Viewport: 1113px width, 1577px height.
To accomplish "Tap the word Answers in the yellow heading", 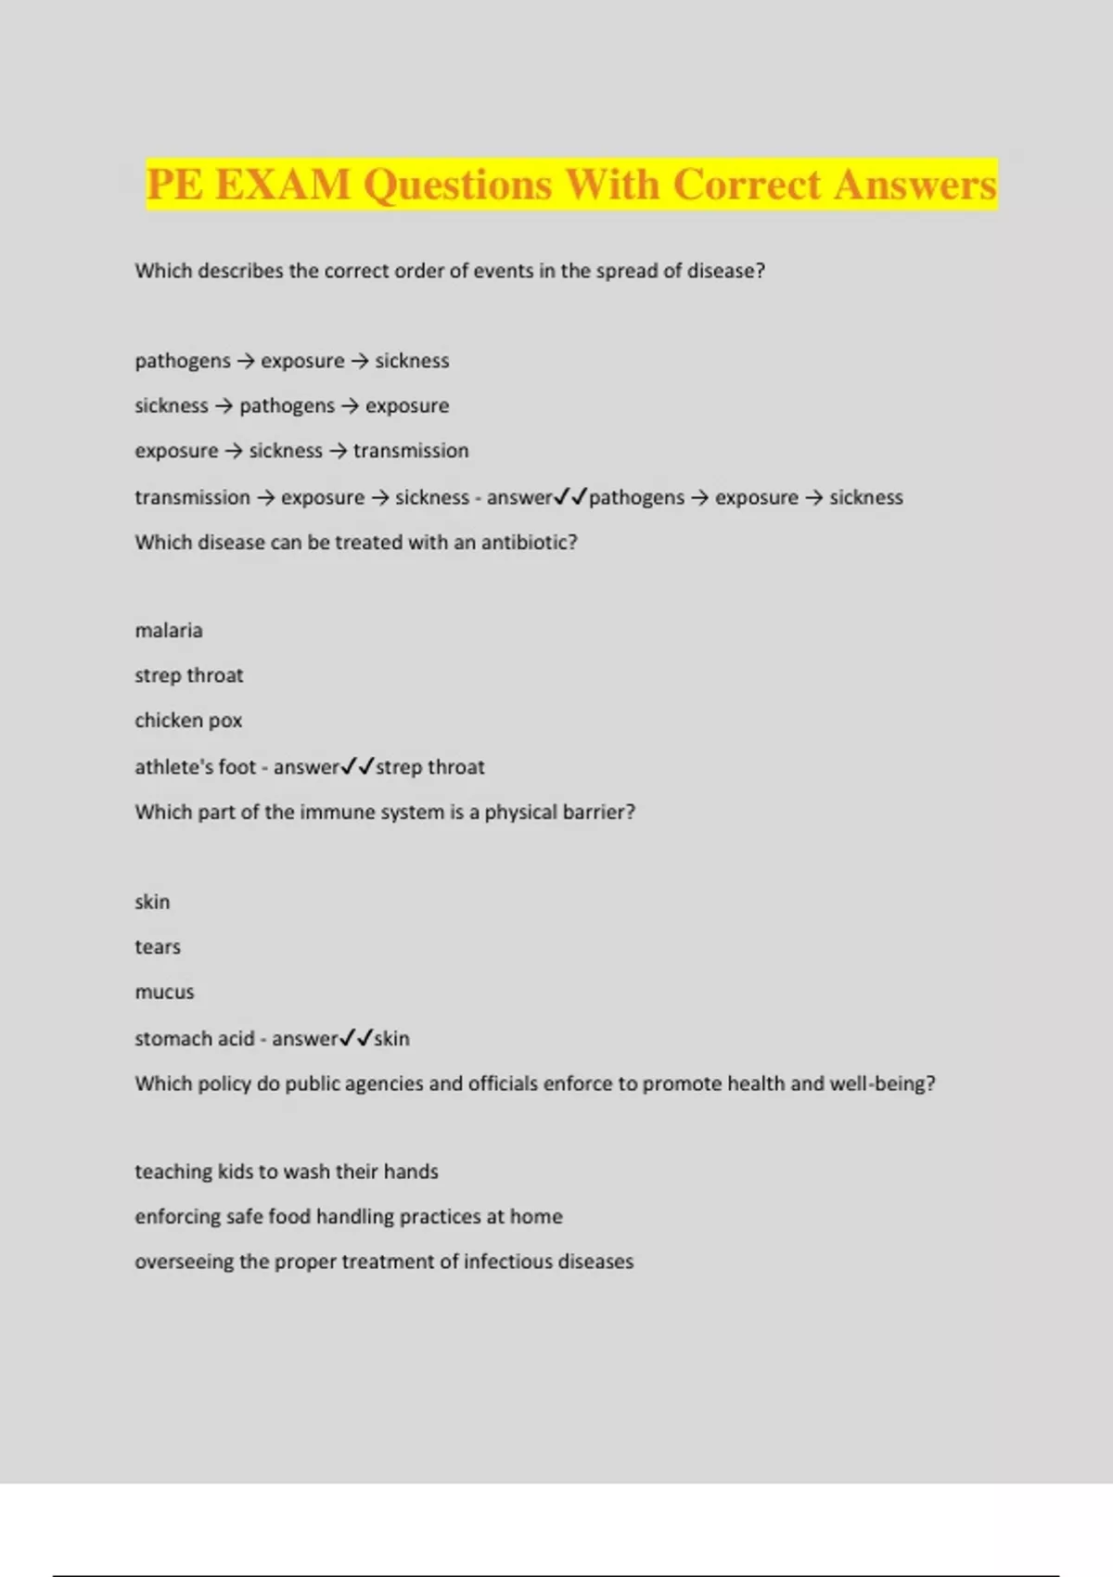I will (x=915, y=184).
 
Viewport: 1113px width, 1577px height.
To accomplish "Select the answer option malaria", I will (x=169, y=631).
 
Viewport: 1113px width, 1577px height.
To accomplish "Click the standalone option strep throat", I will (x=189, y=675).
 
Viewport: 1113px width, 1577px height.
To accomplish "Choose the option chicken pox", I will (x=188, y=721).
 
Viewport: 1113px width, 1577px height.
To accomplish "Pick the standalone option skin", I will (x=152, y=902).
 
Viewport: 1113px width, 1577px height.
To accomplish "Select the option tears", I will (x=158, y=947).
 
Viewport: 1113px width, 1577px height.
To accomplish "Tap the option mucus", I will (x=165, y=992).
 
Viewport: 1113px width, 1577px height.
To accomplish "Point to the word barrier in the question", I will (x=603, y=812).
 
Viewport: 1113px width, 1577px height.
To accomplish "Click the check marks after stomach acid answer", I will (x=356, y=1038).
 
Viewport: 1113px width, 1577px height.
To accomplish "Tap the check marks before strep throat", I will (x=358, y=766).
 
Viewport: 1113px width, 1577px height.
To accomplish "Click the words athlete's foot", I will (x=195, y=767).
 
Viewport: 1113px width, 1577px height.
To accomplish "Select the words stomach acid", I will (x=194, y=1039).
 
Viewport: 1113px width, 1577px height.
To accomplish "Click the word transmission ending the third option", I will (x=411, y=451).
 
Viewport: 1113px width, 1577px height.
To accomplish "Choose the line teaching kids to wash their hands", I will (x=287, y=1172).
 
